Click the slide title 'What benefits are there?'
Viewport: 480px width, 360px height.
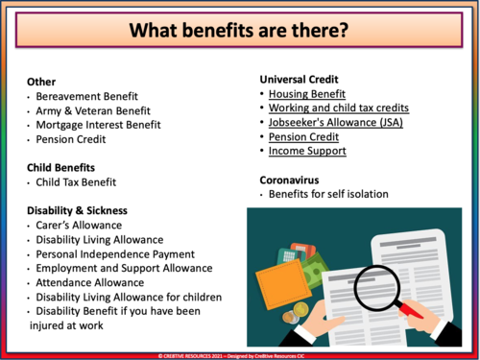coord(240,30)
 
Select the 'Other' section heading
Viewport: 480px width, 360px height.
coord(42,82)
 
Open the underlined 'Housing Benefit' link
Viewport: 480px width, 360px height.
coord(307,94)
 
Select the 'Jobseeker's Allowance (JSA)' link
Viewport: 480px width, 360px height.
coord(336,123)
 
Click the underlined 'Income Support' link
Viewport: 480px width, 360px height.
coord(307,151)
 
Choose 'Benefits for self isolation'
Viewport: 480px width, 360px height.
coord(328,194)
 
